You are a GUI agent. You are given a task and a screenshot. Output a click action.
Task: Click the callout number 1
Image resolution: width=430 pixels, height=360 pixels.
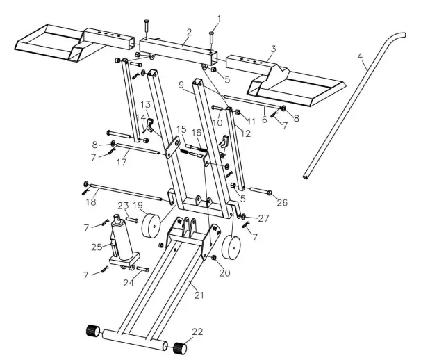tap(219, 17)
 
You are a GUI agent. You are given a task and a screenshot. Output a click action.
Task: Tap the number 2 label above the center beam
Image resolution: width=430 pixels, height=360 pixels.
tap(188, 32)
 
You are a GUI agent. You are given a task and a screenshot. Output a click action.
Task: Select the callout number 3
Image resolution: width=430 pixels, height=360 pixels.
tap(273, 49)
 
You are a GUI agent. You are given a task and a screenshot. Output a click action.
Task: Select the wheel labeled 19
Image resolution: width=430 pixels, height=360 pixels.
tap(149, 227)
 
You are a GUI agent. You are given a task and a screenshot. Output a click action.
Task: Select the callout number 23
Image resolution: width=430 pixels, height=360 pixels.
tap(123, 205)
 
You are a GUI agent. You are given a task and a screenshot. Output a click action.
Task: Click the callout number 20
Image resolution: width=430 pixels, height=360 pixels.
tap(224, 273)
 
